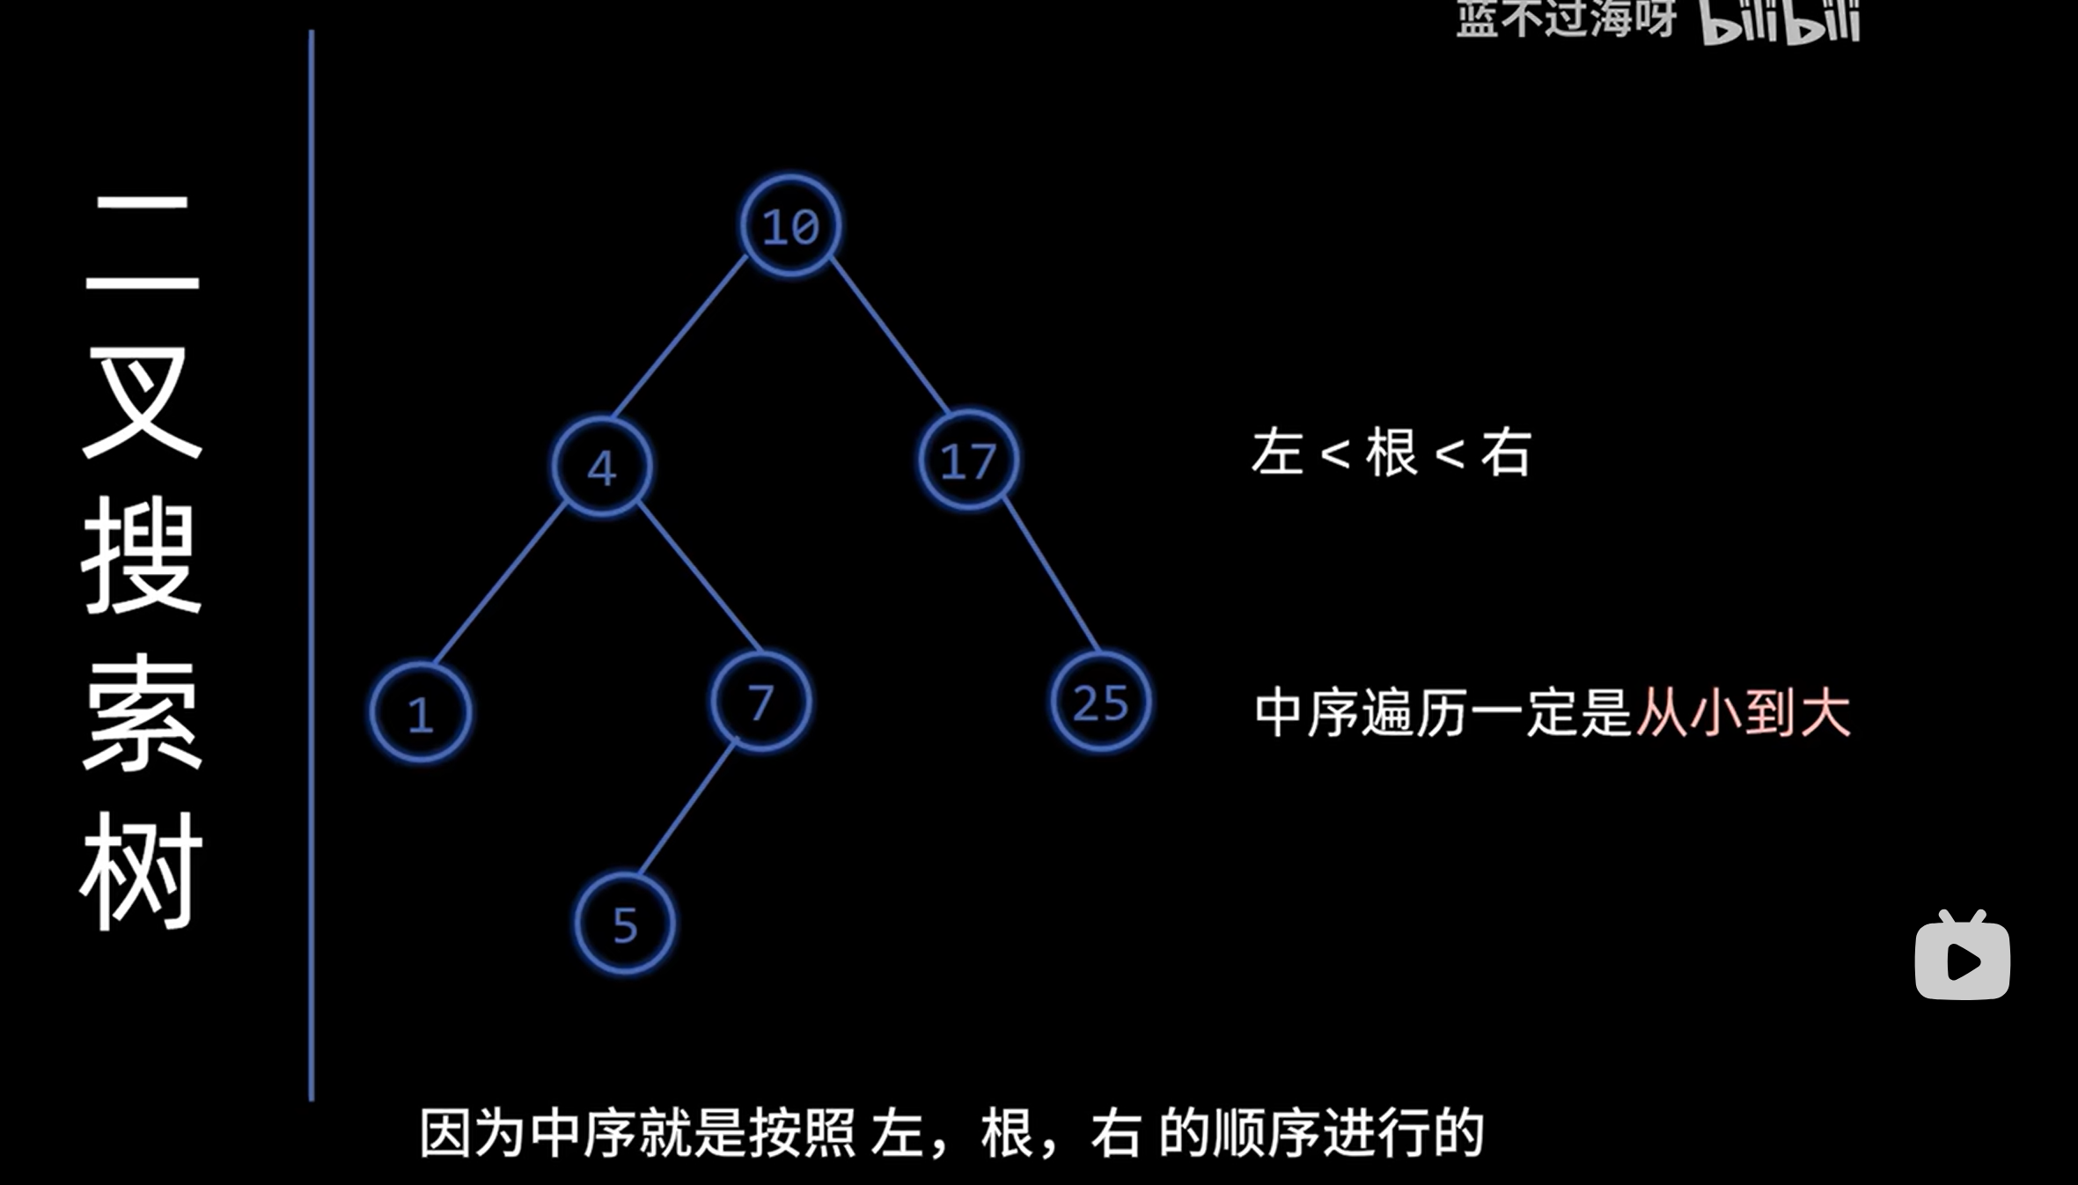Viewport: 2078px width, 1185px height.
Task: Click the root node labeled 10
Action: coord(790,226)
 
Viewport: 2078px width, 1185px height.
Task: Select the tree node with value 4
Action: coord(602,467)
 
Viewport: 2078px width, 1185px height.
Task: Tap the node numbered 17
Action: coord(968,460)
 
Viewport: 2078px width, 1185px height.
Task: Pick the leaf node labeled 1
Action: coord(420,712)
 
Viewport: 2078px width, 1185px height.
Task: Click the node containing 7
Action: coord(760,702)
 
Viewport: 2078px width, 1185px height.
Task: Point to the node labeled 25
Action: coord(1100,702)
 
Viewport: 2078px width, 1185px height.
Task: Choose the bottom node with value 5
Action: coord(625,924)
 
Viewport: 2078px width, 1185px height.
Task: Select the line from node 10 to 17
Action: coord(889,335)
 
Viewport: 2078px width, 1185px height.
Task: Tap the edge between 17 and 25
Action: coord(1051,576)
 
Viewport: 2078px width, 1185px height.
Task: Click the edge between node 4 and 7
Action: coord(698,576)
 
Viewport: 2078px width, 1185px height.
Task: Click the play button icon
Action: coord(1962,958)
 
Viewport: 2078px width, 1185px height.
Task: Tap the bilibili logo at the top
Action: coord(1780,19)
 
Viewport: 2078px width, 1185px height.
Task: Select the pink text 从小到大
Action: coord(1743,712)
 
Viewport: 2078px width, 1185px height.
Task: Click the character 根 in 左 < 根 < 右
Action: coord(1391,453)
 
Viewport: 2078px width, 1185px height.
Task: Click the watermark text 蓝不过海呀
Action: coord(1565,18)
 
